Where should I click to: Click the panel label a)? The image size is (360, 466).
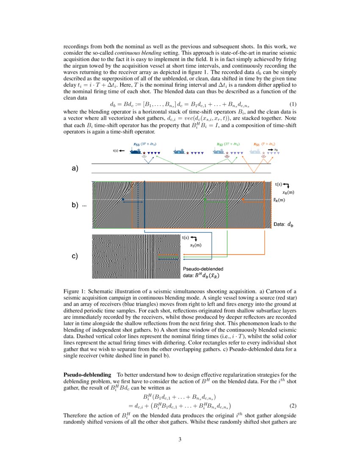coord(75,169)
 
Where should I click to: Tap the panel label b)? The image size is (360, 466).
coord(75,205)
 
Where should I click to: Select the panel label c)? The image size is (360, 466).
coord(75,256)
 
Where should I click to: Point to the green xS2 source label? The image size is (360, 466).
coord(220,144)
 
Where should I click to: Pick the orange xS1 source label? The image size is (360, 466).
coord(256,144)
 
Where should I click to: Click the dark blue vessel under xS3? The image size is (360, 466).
coord(136,151)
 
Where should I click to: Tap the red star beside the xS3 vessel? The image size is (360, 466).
coord(144,153)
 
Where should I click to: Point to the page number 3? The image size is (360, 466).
coord(180,439)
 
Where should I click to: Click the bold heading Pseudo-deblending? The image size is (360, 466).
coord(87,374)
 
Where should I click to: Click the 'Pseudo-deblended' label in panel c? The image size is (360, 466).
coord(202,269)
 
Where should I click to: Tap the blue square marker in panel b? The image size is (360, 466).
coord(123,200)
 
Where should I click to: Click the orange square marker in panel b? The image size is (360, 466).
coord(243,199)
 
